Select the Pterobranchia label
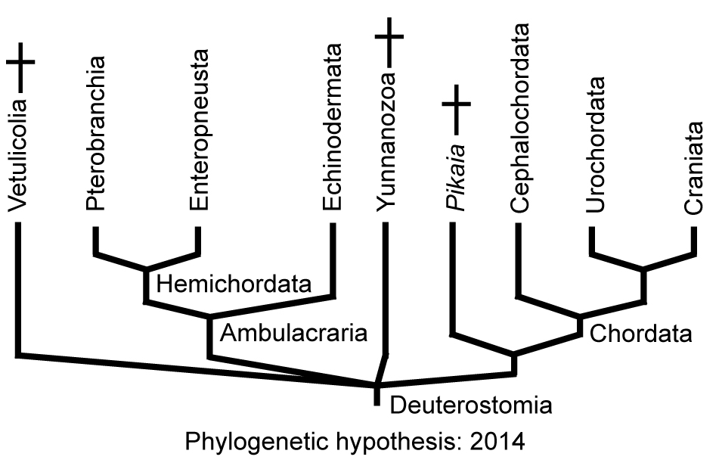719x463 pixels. (x=96, y=138)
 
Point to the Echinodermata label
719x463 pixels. (x=333, y=129)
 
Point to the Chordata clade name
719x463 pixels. (x=640, y=334)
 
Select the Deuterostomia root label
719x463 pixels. (x=470, y=406)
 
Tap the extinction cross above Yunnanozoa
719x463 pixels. (x=390, y=35)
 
